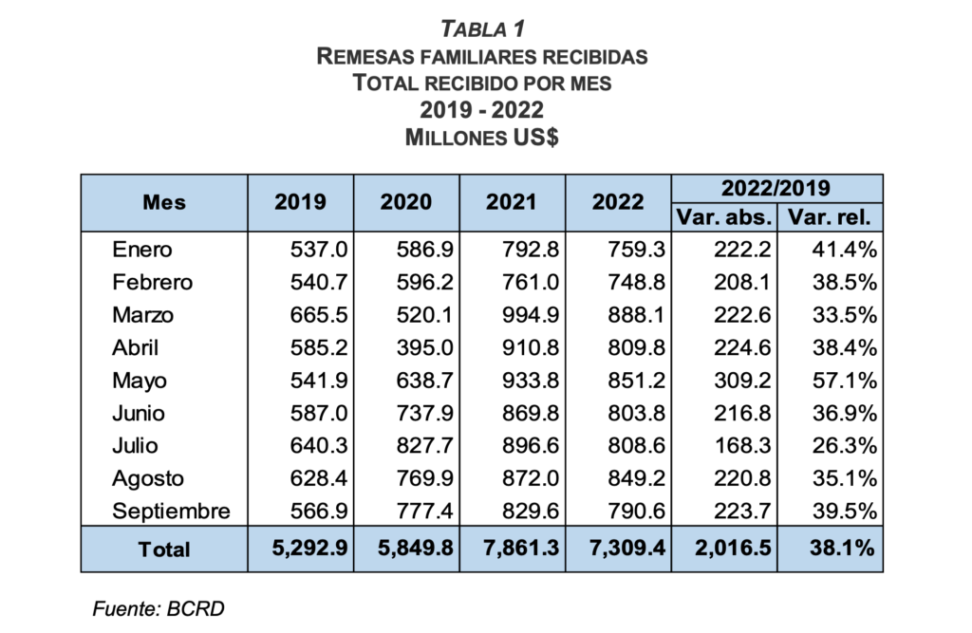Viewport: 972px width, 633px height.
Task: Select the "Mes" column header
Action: point(164,202)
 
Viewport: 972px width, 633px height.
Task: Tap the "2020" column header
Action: point(405,202)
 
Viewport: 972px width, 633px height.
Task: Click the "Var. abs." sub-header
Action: point(723,217)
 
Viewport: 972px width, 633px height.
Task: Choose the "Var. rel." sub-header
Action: point(830,217)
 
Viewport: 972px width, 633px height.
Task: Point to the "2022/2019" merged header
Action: point(776,188)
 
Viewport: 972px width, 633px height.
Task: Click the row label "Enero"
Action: point(142,250)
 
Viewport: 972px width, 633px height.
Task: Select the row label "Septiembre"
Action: point(171,512)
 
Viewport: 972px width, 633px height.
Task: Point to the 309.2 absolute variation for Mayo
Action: point(741,381)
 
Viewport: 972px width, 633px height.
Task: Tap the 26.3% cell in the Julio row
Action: point(848,446)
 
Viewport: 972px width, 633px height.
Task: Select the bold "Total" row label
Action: point(164,549)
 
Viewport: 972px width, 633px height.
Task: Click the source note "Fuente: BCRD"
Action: point(158,608)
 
